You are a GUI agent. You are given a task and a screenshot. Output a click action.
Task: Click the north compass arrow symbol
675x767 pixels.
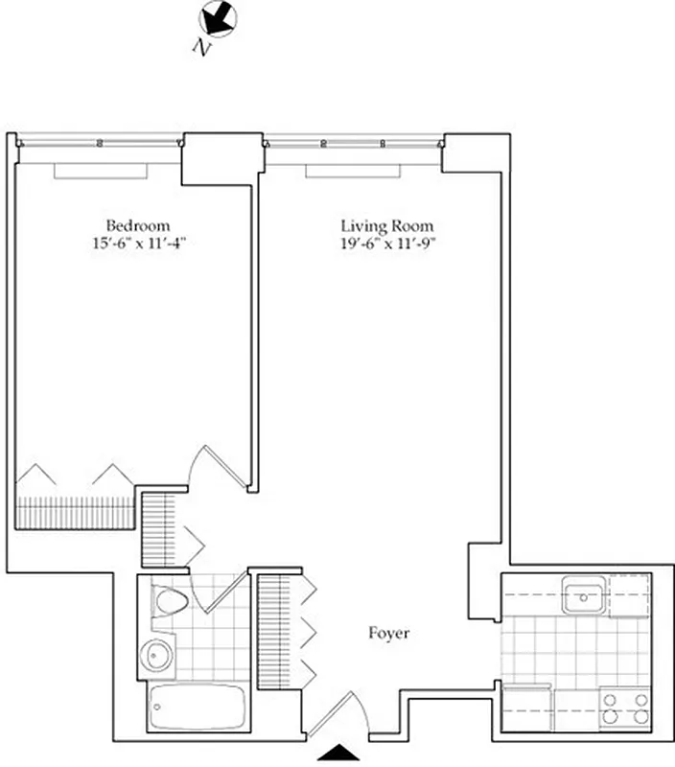click(x=218, y=17)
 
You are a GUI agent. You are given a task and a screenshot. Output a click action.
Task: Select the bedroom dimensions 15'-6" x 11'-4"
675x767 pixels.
click(x=131, y=244)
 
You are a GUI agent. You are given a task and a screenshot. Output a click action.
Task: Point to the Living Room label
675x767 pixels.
click(x=380, y=226)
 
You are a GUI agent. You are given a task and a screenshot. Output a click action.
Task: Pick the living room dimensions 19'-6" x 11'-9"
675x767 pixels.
click(x=381, y=244)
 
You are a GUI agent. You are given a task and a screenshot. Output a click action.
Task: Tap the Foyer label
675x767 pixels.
click(x=389, y=634)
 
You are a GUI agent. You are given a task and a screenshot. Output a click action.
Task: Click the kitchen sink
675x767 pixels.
click(x=582, y=596)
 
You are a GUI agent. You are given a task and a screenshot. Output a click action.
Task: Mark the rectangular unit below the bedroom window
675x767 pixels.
click(x=101, y=170)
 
